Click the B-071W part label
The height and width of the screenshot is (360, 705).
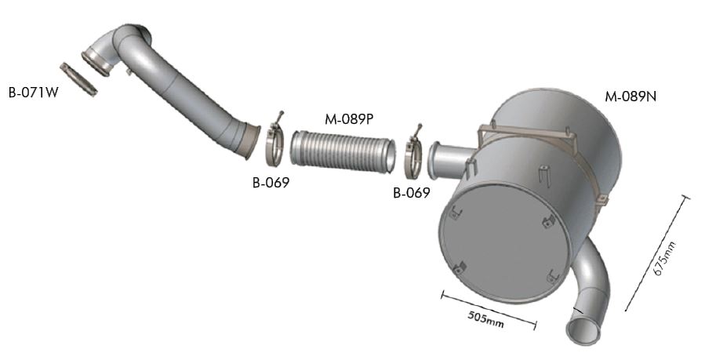coord(34,93)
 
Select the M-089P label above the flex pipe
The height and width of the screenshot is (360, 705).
coord(350,119)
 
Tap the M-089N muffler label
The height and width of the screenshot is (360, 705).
coord(631,96)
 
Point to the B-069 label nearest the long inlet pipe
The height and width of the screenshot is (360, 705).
coord(271,183)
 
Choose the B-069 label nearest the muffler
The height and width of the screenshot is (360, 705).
coord(412,193)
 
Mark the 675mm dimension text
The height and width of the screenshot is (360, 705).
coord(664,258)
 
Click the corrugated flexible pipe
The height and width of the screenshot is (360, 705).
coord(343,151)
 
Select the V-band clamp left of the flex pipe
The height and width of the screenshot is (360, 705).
coord(273,144)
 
